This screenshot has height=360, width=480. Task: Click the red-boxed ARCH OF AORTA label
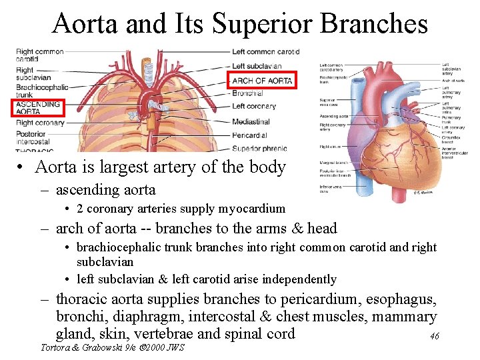point(261,81)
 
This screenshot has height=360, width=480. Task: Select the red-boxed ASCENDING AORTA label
point(37,108)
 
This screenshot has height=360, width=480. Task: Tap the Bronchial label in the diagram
point(247,93)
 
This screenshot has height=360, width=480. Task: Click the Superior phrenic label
point(259,148)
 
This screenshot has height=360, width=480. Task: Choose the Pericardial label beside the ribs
point(250,135)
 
